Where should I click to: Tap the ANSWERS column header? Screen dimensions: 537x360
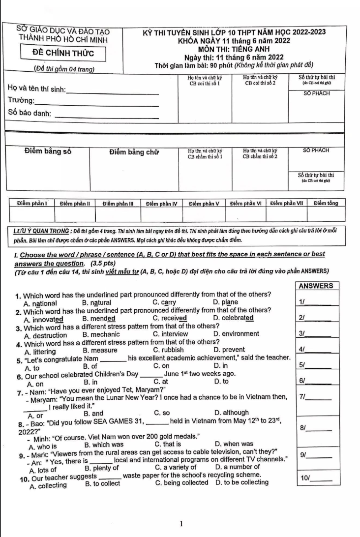316,286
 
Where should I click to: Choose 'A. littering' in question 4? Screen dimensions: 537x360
40,351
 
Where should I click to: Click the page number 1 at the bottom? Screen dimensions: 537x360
181,523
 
